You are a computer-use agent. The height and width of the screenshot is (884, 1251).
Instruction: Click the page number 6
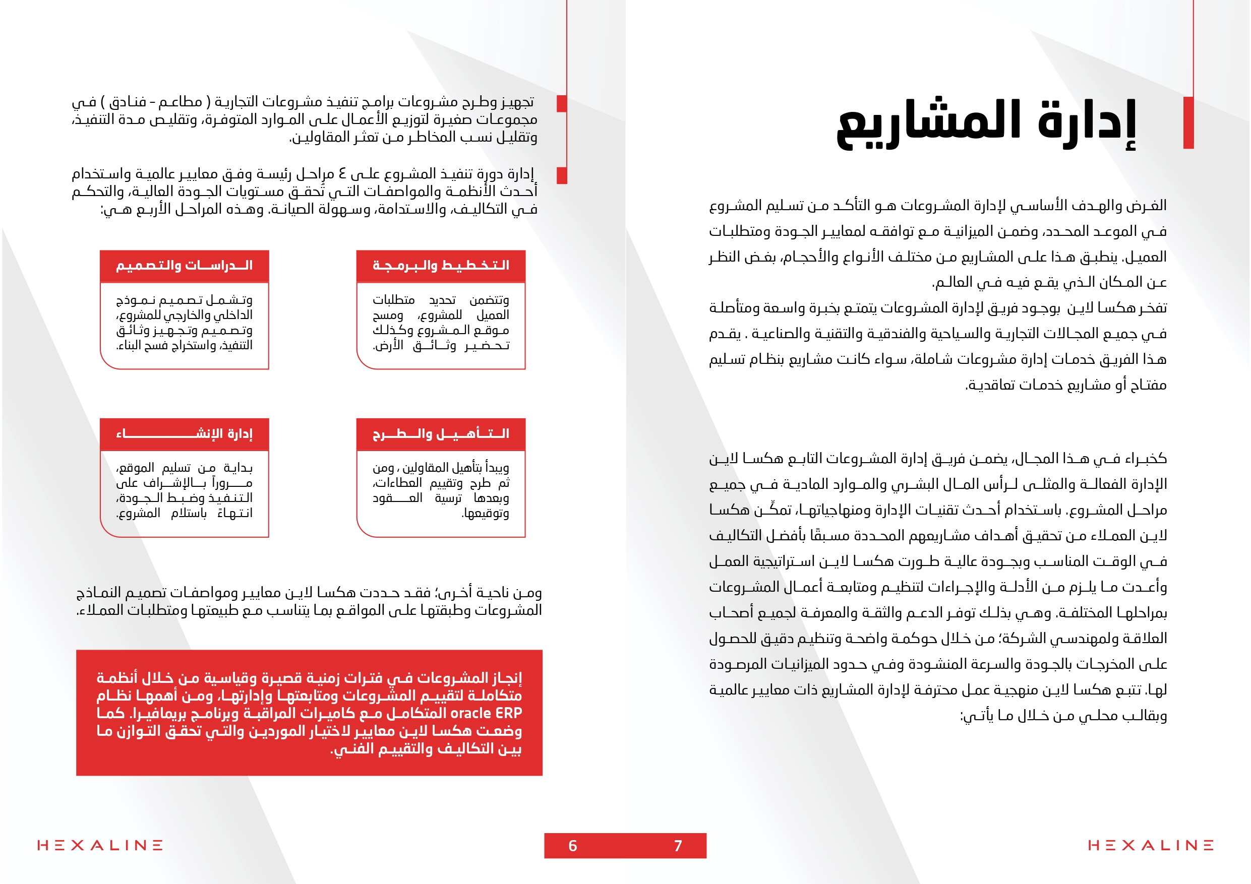click(x=572, y=846)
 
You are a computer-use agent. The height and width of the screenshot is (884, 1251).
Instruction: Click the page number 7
click(x=678, y=846)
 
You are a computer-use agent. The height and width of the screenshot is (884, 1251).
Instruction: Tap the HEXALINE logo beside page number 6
click(x=100, y=845)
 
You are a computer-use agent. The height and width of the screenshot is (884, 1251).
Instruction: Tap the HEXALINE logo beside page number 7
click(x=1151, y=845)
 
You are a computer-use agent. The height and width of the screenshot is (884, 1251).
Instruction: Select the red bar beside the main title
click(x=1188, y=122)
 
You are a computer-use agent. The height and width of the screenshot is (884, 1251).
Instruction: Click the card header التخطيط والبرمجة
click(x=441, y=266)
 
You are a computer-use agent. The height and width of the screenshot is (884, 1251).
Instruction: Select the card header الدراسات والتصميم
click(x=184, y=266)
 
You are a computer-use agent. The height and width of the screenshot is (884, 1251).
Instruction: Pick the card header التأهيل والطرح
click(x=441, y=434)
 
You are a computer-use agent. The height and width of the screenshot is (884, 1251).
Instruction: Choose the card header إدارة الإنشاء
click(x=184, y=434)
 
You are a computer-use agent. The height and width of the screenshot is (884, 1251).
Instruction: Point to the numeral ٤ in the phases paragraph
click(x=342, y=174)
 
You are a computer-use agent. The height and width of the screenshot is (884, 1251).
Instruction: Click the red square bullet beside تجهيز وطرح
click(x=562, y=103)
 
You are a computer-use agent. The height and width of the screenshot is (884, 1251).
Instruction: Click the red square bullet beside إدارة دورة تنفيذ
click(x=562, y=175)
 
